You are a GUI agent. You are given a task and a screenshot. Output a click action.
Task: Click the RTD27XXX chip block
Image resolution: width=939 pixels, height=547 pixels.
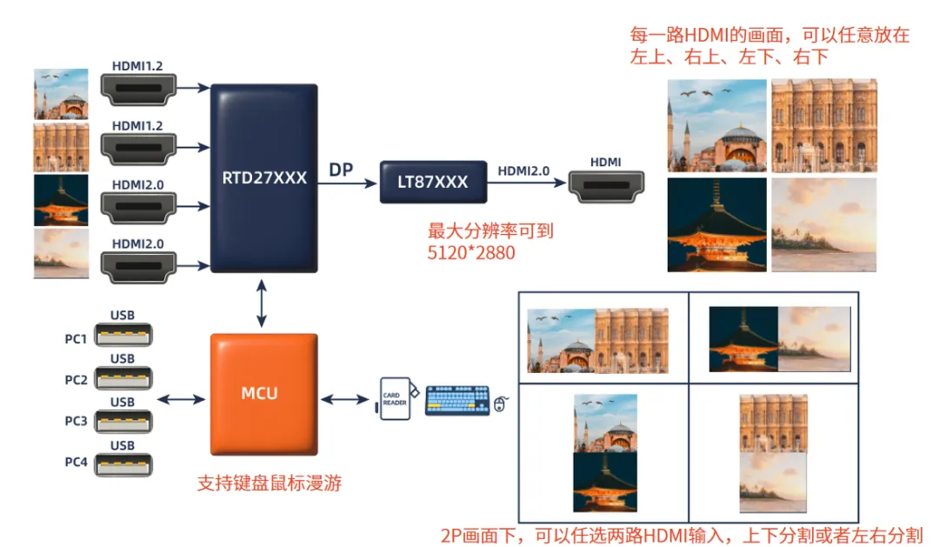(x=264, y=178)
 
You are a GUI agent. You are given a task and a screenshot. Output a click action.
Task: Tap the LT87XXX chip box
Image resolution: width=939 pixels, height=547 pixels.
(x=433, y=182)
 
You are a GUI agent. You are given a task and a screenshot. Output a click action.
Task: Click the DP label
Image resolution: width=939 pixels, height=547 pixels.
(x=341, y=170)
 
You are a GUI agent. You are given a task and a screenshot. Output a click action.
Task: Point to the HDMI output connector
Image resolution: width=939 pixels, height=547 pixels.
(x=606, y=186)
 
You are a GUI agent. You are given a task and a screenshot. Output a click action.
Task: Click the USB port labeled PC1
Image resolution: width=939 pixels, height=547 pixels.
(x=123, y=335)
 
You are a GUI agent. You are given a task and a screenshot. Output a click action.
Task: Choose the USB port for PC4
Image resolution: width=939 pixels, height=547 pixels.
(x=123, y=465)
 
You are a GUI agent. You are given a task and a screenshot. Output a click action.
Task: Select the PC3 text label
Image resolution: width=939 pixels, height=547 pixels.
(x=76, y=421)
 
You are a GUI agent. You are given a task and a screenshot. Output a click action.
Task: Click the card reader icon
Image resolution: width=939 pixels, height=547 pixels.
(x=396, y=398)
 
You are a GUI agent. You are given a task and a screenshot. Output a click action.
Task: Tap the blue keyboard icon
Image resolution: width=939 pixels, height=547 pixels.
(x=457, y=400)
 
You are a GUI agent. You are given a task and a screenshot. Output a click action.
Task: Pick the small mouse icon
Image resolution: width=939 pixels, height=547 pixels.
(x=501, y=404)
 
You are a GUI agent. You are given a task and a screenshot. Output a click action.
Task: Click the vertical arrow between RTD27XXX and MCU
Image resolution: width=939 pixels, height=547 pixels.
(x=262, y=304)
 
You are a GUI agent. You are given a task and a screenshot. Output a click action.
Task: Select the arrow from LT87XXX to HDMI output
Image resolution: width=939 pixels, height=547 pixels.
(x=526, y=182)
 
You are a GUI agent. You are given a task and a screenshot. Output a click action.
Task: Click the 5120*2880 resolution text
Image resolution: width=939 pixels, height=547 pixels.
(x=471, y=253)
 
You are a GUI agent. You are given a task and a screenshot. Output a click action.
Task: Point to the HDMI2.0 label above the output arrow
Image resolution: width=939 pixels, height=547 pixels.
(x=523, y=170)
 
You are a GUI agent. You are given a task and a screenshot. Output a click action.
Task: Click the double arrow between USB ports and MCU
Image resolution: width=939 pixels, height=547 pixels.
(x=182, y=399)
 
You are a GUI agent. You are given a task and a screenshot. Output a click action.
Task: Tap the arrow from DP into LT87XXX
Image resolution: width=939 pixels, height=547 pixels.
(x=347, y=183)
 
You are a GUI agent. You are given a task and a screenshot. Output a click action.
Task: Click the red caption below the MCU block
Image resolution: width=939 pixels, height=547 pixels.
(x=270, y=483)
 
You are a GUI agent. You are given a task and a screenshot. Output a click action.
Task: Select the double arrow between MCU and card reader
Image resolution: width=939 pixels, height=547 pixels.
(x=345, y=399)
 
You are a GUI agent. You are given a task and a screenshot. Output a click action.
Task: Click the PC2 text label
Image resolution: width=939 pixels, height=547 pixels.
(x=76, y=380)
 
